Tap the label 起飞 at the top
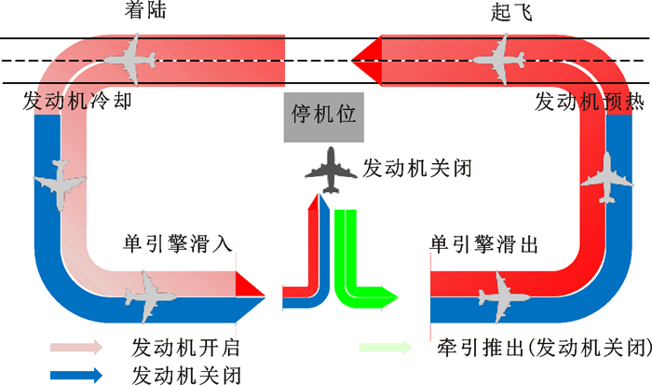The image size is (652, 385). (510, 13)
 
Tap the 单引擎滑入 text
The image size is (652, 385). (178, 245)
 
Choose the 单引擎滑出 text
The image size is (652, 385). (484, 245)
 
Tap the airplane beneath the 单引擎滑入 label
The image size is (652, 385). (151, 294)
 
